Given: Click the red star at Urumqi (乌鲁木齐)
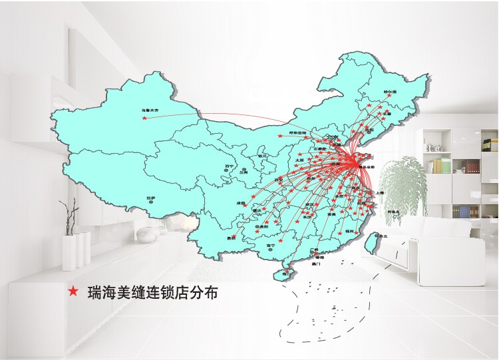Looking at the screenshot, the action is click(144, 118).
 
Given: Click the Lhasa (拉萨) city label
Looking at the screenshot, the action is click(151, 198).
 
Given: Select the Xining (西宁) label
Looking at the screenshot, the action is click(229, 166).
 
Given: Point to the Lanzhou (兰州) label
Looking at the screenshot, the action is click(243, 172).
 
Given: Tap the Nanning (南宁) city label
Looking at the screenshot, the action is click(270, 246).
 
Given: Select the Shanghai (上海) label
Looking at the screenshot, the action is click(379, 192).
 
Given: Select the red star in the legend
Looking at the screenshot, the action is click(73, 291).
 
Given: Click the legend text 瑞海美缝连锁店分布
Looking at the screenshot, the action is click(153, 291).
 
